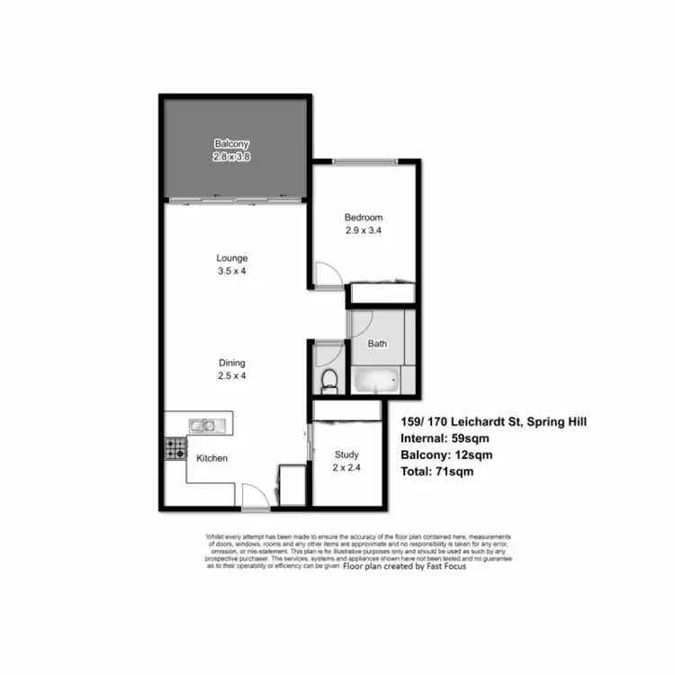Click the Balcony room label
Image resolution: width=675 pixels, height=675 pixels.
[x=231, y=144]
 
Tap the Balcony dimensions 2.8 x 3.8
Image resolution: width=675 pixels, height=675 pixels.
[x=231, y=157]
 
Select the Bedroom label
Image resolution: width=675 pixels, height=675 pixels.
[x=364, y=218]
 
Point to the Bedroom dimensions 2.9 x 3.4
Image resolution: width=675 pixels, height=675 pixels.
[x=364, y=230]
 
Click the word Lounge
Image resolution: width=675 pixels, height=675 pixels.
[x=232, y=258]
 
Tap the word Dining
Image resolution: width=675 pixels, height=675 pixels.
[x=231, y=363]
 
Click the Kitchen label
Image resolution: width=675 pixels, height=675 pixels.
[x=212, y=458]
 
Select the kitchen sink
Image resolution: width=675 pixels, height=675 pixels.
[x=202, y=425]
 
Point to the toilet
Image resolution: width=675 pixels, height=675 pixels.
[x=329, y=379]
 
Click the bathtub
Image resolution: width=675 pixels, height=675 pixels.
[x=374, y=382]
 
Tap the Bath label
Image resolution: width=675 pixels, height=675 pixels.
[x=378, y=343]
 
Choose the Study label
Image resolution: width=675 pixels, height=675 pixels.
[x=346, y=455]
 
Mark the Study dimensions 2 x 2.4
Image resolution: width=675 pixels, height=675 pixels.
[x=346, y=468]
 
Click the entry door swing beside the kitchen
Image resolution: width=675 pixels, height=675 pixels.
[x=256, y=493]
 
